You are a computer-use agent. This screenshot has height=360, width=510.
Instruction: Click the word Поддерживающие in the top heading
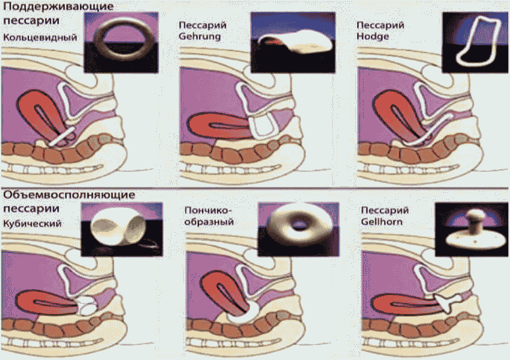click(x=58, y=7)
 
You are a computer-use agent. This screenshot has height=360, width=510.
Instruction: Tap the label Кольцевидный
click(x=40, y=37)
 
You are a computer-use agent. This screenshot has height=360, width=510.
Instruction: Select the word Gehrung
click(x=200, y=36)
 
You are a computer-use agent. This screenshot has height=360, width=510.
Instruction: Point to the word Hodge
click(x=373, y=36)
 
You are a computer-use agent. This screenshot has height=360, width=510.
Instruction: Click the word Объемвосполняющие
click(x=69, y=195)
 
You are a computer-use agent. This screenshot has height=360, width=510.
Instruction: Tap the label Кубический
click(x=32, y=224)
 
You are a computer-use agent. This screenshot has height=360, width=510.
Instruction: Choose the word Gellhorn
click(x=381, y=222)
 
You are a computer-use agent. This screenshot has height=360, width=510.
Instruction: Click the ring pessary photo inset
click(x=121, y=42)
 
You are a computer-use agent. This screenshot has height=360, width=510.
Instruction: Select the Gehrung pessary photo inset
click(x=293, y=42)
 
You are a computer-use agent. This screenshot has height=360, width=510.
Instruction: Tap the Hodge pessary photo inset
click(x=475, y=42)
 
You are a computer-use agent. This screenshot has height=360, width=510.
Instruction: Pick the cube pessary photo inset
click(x=121, y=230)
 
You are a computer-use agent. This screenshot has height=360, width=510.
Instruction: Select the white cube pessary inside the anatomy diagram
click(x=87, y=306)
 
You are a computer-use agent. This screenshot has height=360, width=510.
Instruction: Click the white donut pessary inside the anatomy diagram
click(x=242, y=313)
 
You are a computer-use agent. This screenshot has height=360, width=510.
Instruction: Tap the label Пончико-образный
click(x=209, y=216)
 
